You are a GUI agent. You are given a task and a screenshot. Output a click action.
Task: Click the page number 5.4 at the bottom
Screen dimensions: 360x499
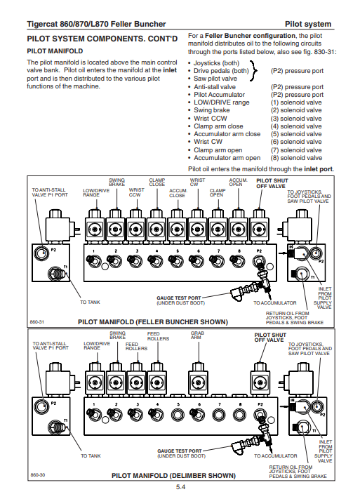[x=180, y=486]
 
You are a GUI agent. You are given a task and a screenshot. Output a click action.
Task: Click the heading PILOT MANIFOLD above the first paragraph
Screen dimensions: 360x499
[x=55, y=51]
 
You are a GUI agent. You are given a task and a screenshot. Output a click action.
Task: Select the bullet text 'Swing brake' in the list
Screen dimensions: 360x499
[x=212, y=110]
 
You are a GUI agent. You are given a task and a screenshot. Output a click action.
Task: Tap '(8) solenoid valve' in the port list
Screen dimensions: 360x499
[x=296, y=158]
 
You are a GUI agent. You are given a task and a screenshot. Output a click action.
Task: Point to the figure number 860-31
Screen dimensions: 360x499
[x=37, y=322]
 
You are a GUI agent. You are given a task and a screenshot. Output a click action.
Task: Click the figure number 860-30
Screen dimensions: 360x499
[x=38, y=475]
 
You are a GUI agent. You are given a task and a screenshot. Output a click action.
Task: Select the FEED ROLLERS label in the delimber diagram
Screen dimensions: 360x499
[x=158, y=336]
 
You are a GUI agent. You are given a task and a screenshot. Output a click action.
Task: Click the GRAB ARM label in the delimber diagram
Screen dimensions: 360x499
[x=197, y=335]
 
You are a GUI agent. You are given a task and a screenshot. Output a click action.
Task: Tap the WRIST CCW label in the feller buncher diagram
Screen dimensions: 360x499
[x=137, y=192]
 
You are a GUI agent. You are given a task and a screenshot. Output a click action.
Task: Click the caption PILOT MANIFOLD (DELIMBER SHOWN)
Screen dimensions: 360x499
[x=173, y=476]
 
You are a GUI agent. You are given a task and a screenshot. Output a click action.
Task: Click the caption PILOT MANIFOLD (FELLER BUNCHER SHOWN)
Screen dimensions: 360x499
[x=153, y=322]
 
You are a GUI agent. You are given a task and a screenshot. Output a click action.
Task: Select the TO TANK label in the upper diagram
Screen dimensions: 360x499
[x=90, y=302]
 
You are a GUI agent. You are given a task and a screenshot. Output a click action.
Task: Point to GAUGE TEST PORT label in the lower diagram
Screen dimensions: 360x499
[x=180, y=451]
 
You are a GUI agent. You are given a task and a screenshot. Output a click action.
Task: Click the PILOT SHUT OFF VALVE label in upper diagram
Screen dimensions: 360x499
[x=272, y=183]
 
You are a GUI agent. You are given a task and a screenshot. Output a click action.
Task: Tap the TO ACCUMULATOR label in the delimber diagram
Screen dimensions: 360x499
[x=275, y=456]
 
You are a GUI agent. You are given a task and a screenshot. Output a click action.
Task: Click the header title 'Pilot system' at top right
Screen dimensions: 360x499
[x=308, y=24]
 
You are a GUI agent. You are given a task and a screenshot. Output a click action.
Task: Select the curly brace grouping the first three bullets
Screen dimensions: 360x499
[x=254, y=71]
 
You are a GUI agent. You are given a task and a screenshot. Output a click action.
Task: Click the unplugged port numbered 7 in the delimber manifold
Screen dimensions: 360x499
[x=218, y=415]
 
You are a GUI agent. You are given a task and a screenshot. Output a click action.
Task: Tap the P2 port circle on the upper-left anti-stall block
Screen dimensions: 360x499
[x=41, y=253]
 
